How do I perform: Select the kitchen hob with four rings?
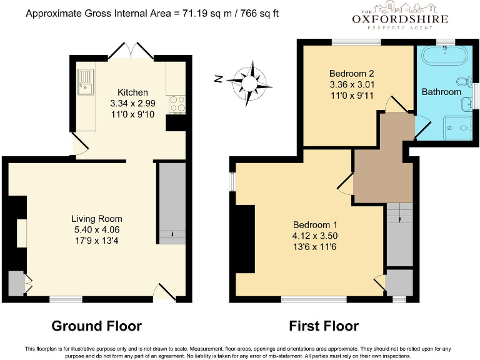[176, 102]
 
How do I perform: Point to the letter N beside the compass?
[218, 79]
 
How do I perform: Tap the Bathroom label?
[441, 92]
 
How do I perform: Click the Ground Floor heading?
[96, 326]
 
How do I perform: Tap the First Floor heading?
[323, 326]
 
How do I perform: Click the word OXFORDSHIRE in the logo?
[399, 19]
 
